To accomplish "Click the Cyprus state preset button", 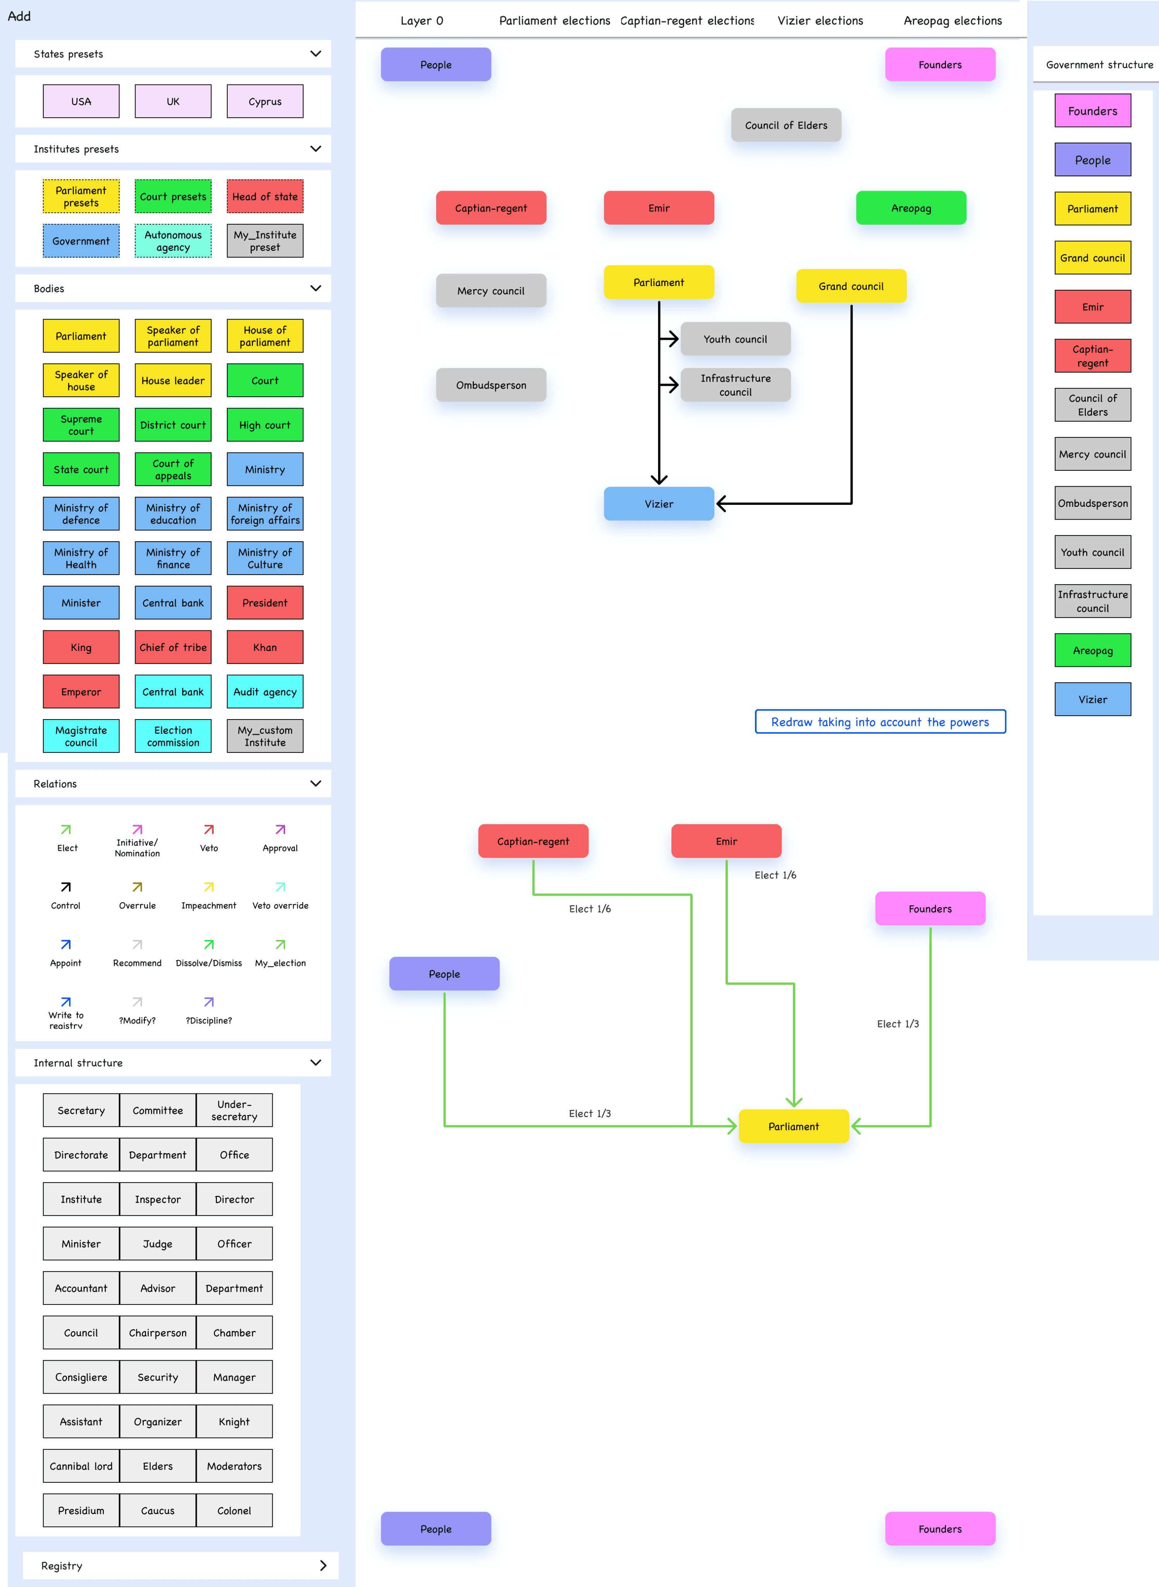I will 265,101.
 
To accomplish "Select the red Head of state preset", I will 265,196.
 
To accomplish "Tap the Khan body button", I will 265,647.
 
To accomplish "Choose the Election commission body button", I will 173,736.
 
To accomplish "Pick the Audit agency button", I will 265,692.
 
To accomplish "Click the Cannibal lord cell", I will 81,1466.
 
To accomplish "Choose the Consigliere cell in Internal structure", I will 81,1377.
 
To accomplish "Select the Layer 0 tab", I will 421,21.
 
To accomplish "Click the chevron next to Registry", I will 323,1565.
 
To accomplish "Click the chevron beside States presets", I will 316,53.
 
